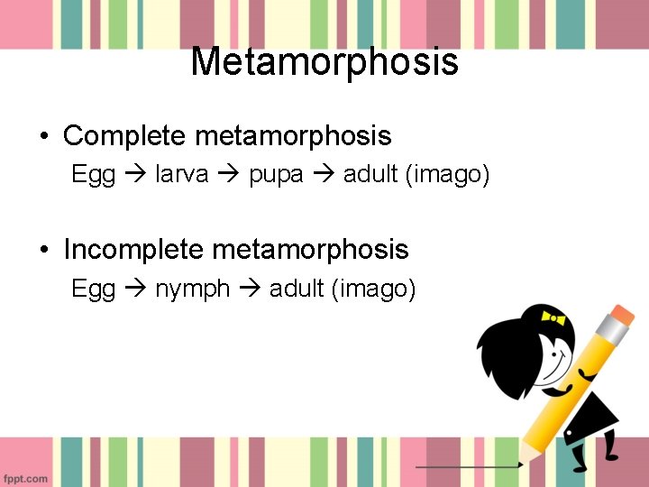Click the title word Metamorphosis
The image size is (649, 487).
point(324,62)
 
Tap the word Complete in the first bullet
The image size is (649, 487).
point(125,136)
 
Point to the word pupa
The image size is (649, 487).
point(277,174)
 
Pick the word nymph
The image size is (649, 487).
point(193,289)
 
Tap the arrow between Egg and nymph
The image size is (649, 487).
point(135,289)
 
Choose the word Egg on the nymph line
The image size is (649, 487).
point(93,289)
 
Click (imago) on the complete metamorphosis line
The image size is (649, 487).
point(447,174)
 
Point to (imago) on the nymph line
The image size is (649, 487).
point(373,289)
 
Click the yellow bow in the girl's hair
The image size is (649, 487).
point(552,317)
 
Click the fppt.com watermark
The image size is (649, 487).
point(24,478)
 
